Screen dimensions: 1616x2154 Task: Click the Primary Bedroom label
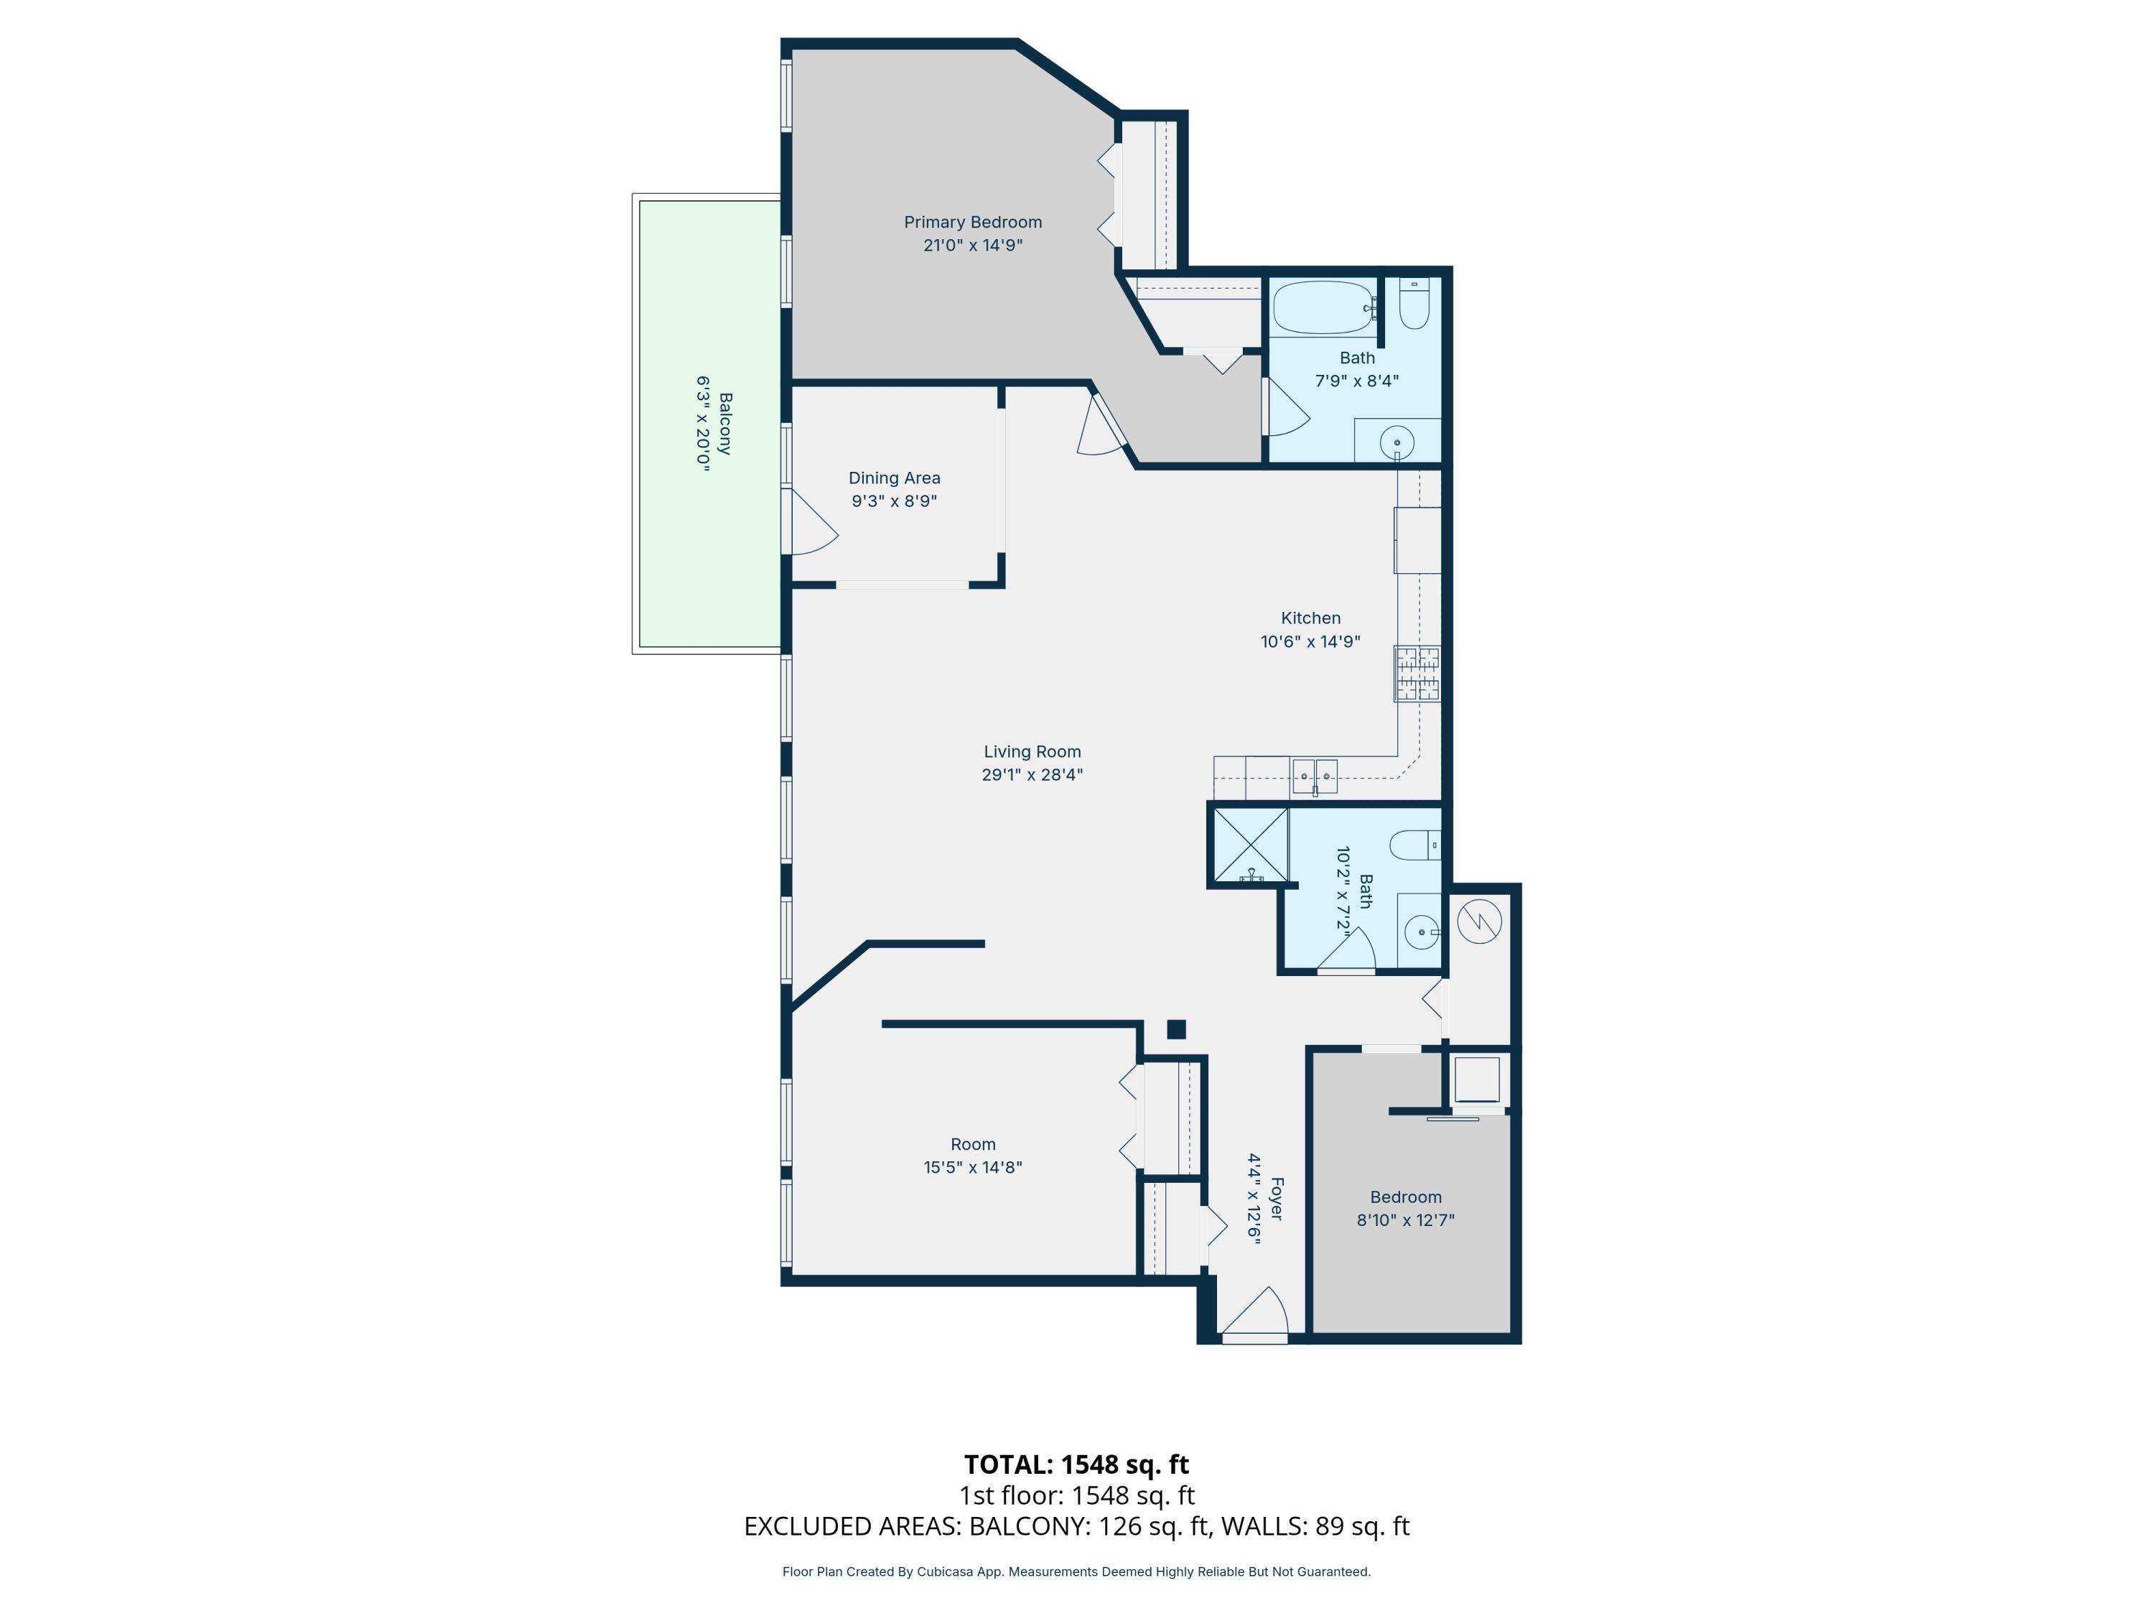(972, 222)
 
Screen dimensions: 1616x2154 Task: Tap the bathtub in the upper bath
(1321, 308)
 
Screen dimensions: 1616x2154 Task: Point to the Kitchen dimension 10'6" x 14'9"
(1310, 641)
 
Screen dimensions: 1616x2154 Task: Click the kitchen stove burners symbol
(1416, 674)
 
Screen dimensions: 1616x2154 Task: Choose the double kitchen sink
(1314, 776)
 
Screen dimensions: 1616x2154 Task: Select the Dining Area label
(894, 478)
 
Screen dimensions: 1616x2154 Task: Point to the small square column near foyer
(1175, 1028)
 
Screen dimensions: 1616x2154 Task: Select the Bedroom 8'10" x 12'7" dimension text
(1405, 1220)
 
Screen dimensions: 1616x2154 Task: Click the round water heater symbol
(1478, 921)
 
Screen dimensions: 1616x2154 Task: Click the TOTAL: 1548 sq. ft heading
(1076, 1464)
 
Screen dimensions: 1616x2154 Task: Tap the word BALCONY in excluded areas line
(1028, 1526)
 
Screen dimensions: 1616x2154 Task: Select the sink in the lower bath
(1421, 932)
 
